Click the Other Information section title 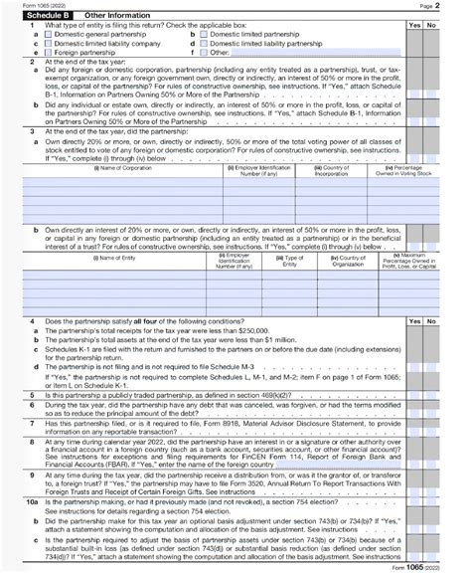click(x=111, y=16)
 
